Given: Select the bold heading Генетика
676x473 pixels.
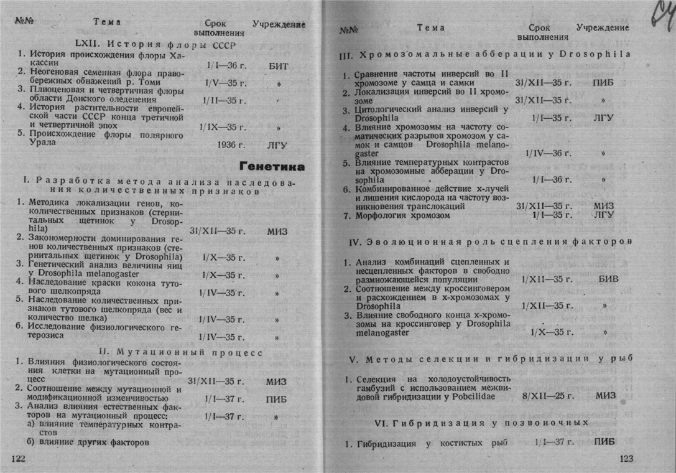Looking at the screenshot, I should [x=272, y=167].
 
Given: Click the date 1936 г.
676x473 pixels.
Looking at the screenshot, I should [x=222, y=146].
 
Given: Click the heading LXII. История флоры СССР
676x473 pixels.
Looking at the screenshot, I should [x=146, y=44].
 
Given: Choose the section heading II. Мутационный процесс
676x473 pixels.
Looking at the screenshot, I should [x=181, y=352].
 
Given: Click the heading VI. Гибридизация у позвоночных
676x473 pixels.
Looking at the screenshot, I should [x=482, y=423].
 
